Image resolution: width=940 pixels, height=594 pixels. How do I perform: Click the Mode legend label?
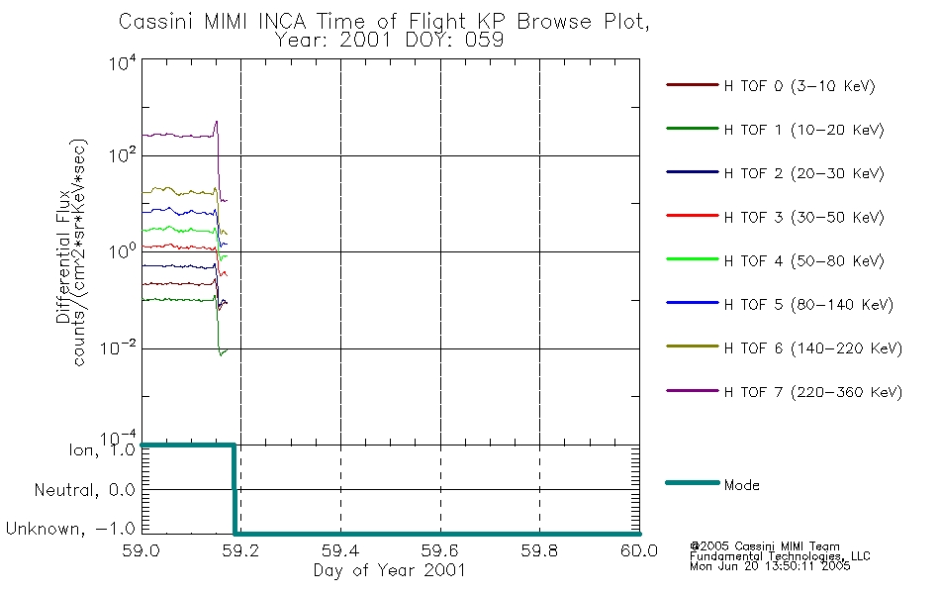point(741,485)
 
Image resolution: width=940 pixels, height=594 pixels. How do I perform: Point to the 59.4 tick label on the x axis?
point(341,550)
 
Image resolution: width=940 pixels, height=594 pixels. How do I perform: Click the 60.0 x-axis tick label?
point(639,550)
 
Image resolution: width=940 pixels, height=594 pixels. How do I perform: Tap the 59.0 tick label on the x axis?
point(141,550)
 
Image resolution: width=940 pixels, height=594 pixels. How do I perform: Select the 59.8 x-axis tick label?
point(539,550)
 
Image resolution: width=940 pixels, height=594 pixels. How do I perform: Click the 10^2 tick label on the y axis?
point(123,155)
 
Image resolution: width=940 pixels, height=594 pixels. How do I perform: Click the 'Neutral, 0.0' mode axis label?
point(84,490)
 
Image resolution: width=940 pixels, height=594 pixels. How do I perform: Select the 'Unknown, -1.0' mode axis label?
point(70,529)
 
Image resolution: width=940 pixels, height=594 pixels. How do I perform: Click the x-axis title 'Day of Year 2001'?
point(390,570)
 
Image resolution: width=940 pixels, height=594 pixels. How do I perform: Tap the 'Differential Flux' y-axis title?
point(63,256)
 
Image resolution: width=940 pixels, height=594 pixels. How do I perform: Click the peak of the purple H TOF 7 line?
point(217,121)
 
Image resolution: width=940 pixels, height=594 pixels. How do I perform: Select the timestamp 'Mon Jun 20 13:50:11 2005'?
point(770,566)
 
